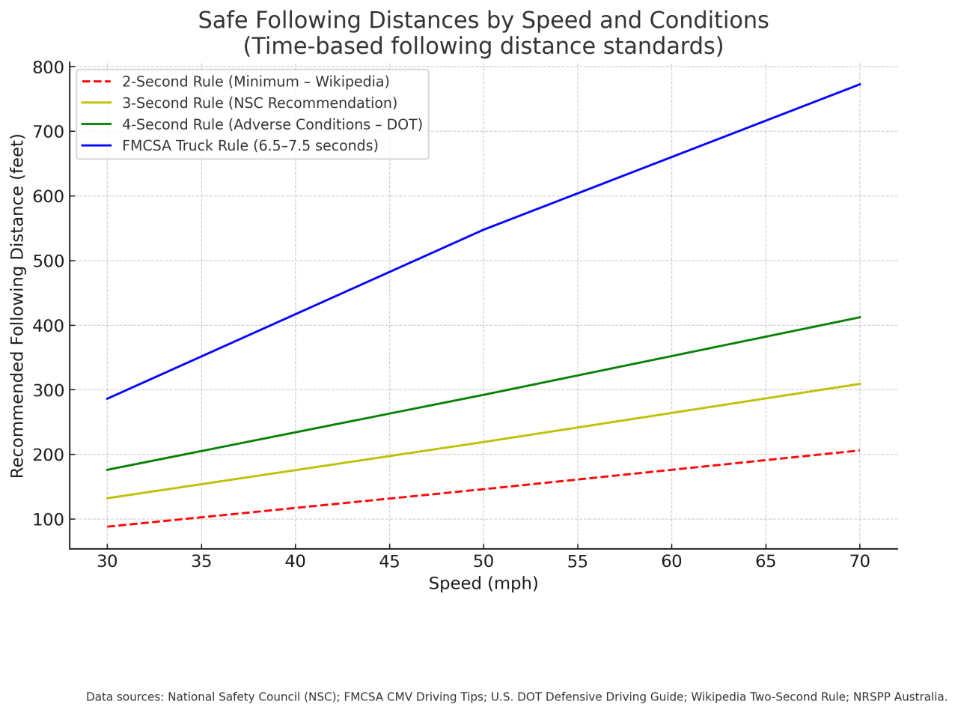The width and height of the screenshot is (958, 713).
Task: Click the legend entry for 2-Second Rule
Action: (x=255, y=82)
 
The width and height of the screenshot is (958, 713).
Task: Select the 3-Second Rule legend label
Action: (x=259, y=103)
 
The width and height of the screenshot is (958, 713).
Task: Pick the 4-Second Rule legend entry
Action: (x=272, y=124)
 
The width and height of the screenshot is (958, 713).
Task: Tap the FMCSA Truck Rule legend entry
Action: (x=250, y=145)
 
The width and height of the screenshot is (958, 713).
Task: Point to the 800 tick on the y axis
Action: (x=48, y=67)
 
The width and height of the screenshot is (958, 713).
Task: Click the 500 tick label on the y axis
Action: (x=48, y=261)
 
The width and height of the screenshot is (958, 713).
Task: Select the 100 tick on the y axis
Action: (x=48, y=520)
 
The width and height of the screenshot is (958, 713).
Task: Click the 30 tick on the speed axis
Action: (x=107, y=562)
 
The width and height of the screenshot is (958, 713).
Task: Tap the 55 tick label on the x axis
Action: (x=577, y=562)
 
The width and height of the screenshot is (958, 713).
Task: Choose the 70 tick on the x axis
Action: (x=859, y=562)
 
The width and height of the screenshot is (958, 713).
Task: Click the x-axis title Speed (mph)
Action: (x=483, y=583)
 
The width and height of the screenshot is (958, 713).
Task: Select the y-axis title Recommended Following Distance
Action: (x=17, y=305)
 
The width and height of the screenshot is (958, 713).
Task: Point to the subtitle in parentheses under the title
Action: (x=483, y=46)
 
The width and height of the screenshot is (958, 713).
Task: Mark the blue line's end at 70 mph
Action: (x=859, y=85)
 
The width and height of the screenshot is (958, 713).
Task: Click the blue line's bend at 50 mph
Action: (x=483, y=229)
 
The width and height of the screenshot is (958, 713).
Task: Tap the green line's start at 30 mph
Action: (x=108, y=470)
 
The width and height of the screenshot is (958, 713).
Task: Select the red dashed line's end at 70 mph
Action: (x=859, y=450)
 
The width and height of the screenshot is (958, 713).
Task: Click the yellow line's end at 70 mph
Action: (x=859, y=383)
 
